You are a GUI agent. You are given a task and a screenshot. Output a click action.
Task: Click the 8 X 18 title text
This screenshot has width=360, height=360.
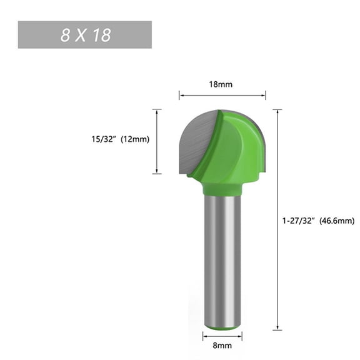click(x=85, y=35)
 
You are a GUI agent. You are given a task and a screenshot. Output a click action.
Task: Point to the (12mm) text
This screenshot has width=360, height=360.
click(x=135, y=139)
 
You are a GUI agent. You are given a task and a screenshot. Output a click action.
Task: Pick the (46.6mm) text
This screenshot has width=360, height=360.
click(x=336, y=221)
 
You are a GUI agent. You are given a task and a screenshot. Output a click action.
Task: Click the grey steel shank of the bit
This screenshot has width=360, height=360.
click(x=222, y=262)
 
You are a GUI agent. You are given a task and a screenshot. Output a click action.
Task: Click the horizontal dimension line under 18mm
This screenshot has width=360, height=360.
click(x=222, y=96)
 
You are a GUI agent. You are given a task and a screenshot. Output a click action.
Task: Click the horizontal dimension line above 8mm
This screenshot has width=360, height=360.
click(x=222, y=336)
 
